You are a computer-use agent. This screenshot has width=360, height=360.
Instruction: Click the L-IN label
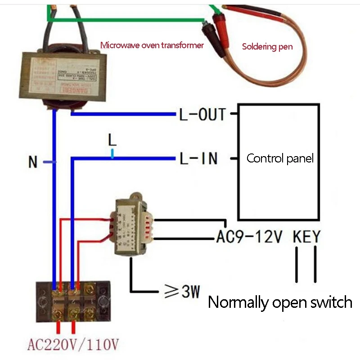[198, 158]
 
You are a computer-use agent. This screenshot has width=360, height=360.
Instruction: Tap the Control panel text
[280, 158]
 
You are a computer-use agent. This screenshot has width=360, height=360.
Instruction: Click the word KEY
[306, 237]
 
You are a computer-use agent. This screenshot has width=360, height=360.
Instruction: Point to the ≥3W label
[183, 293]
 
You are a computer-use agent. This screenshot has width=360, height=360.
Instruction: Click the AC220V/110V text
[73, 345]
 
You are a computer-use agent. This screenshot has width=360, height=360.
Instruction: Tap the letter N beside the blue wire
[33, 163]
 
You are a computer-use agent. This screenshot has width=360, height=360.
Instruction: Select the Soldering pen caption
[267, 46]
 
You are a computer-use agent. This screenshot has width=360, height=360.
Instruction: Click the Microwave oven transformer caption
[152, 45]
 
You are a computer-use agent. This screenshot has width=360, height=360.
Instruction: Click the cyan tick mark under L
[112, 154]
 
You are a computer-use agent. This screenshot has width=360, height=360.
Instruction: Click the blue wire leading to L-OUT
[121, 114]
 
